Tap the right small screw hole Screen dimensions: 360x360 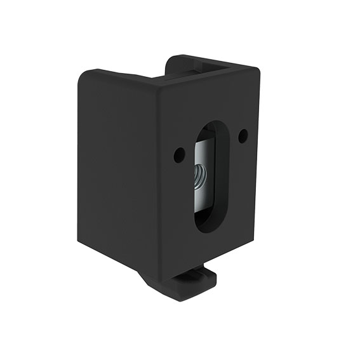pos(243,135)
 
